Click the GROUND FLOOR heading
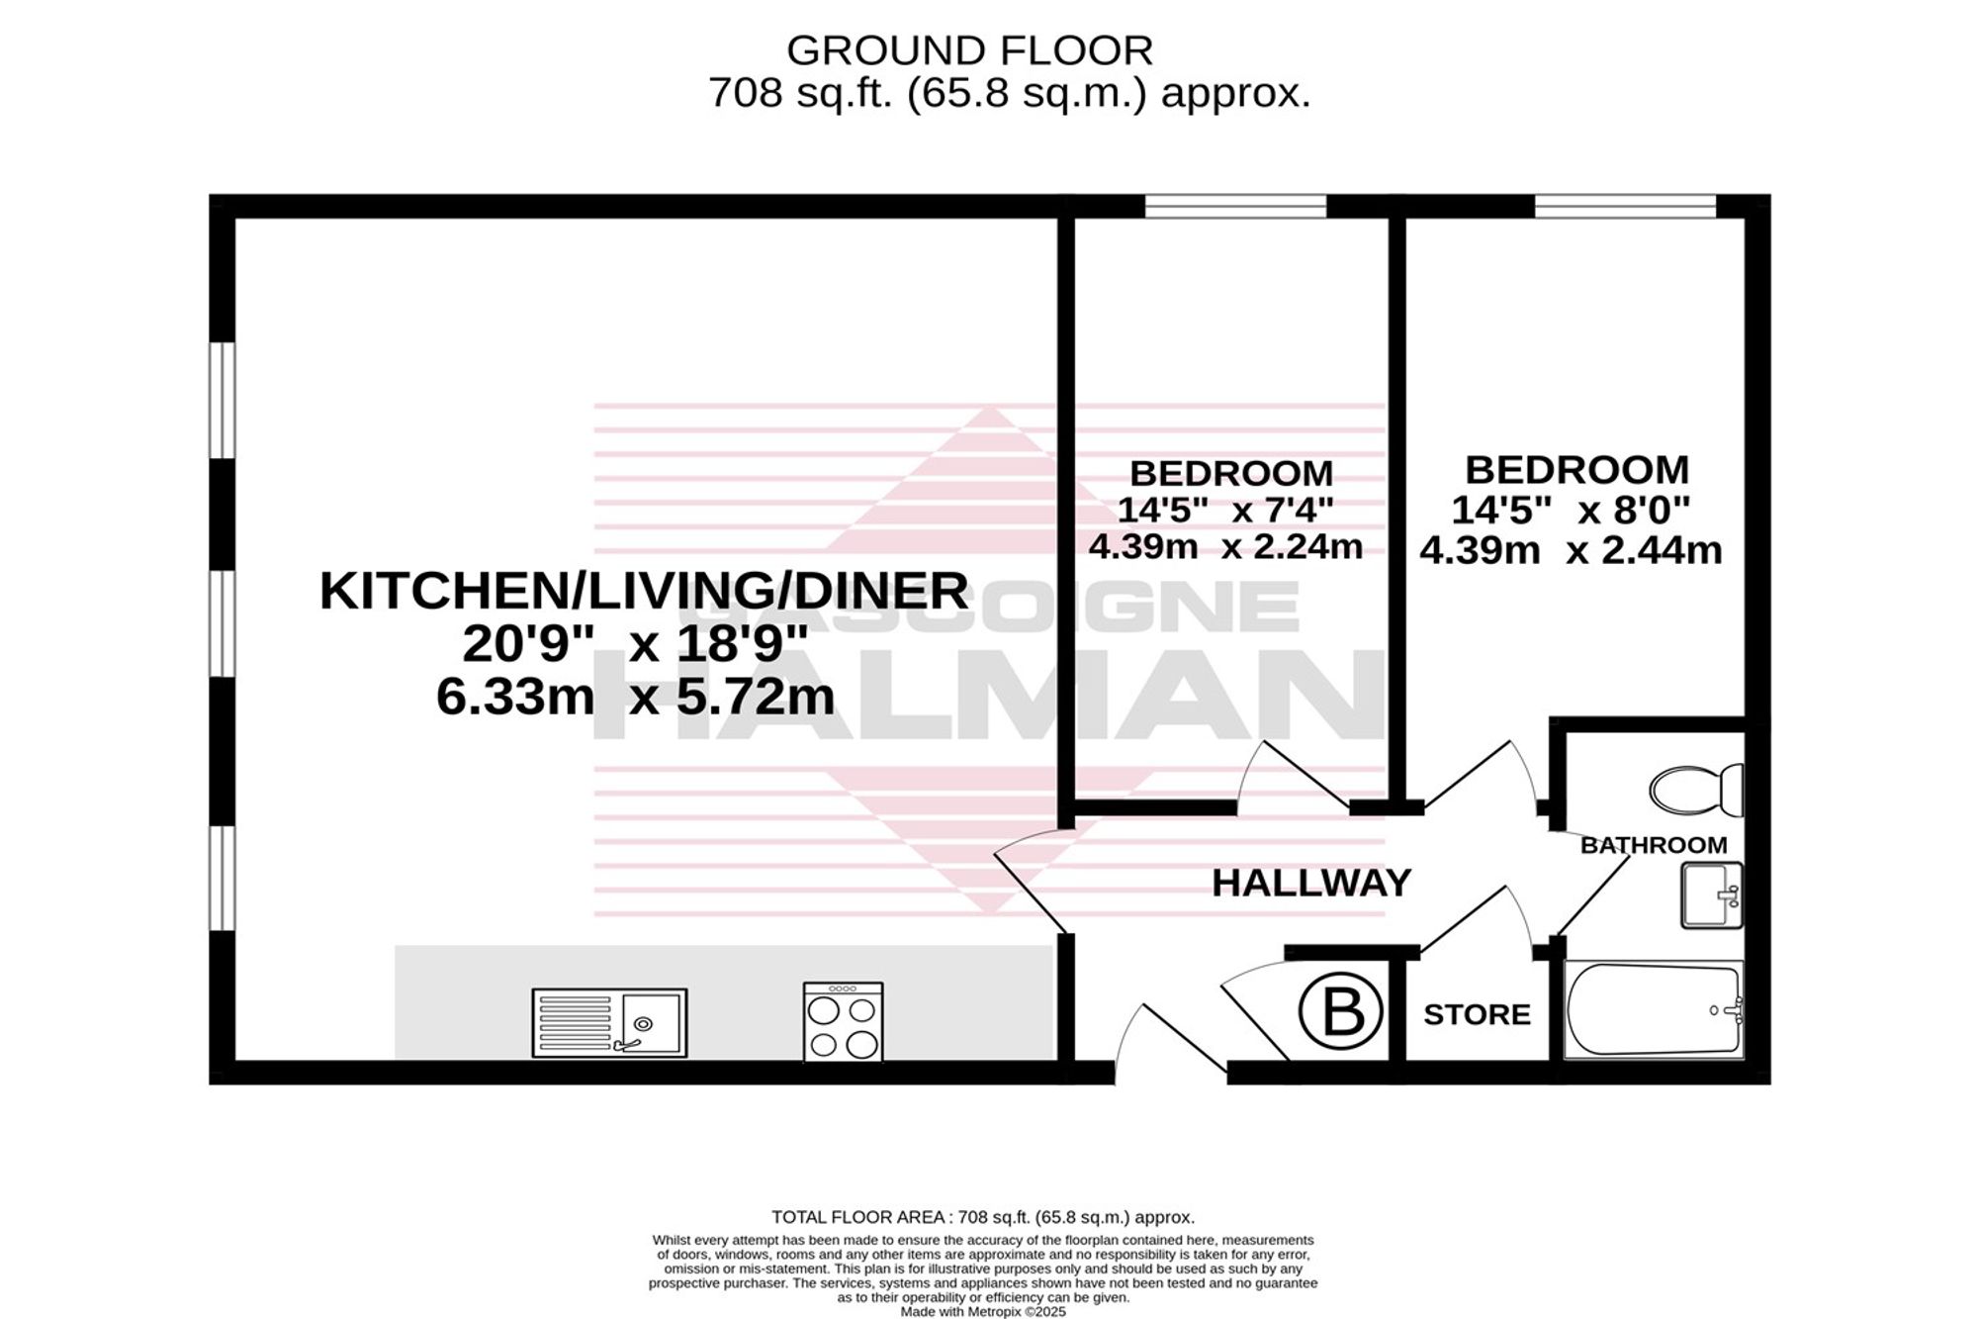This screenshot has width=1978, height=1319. pos(969,49)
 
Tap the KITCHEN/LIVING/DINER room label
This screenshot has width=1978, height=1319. pos(644,592)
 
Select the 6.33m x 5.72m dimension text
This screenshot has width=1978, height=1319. pos(635,698)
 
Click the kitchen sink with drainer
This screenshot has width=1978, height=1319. pos(609,1023)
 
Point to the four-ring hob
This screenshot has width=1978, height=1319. pos(844,1022)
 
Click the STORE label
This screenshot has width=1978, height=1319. pos(1478,1014)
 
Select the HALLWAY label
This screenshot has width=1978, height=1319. pos(1311,883)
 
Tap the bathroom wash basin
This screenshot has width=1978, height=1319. pos(1712,895)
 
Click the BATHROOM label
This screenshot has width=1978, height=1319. pos(1654,845)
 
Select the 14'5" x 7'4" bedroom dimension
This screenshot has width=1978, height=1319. pos(1225,510)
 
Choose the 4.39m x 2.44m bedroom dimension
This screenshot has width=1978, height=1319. pos(1571,550)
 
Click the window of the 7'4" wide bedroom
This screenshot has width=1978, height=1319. pos(1235,206)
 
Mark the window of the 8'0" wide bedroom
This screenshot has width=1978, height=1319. pos(1625,206)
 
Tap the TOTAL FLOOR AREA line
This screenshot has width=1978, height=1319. pos(983,1217)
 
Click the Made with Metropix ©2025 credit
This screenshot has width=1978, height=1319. pos(983,1311)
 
